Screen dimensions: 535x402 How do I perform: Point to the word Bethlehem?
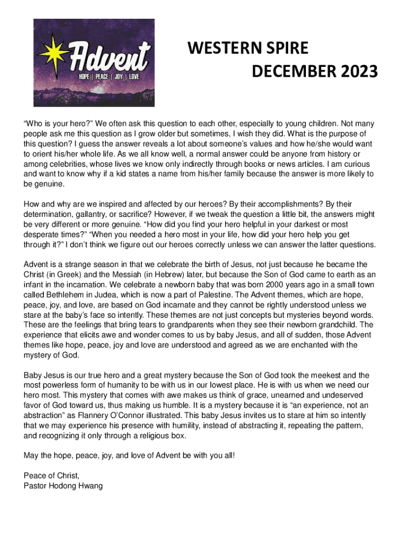tap(63, 294)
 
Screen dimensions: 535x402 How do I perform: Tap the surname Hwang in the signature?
tap(91, 486)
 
